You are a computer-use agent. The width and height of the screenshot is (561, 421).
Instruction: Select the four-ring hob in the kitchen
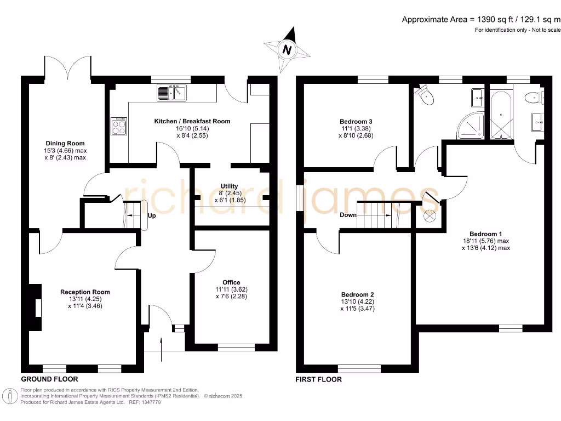click(x=119, y=127)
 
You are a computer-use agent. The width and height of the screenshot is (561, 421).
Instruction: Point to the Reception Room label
click(x=85, y=292)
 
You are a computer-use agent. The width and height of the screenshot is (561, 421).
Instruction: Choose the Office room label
click(x=231, y=283)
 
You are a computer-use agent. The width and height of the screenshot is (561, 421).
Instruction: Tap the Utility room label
click(x=229, y=186)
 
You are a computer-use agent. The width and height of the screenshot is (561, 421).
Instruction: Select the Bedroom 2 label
click(x=357, y=294)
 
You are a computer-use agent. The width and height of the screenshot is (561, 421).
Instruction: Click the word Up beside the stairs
click(x=152, y=216)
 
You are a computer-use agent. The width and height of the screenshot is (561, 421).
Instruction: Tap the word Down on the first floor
click(x=348, y=215)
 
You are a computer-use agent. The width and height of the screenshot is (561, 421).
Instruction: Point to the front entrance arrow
click(x=162, y=349)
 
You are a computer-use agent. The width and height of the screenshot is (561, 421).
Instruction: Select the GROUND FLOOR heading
click(x=49, y=379)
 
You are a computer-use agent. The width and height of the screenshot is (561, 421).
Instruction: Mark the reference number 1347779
click(x=150, y=402)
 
